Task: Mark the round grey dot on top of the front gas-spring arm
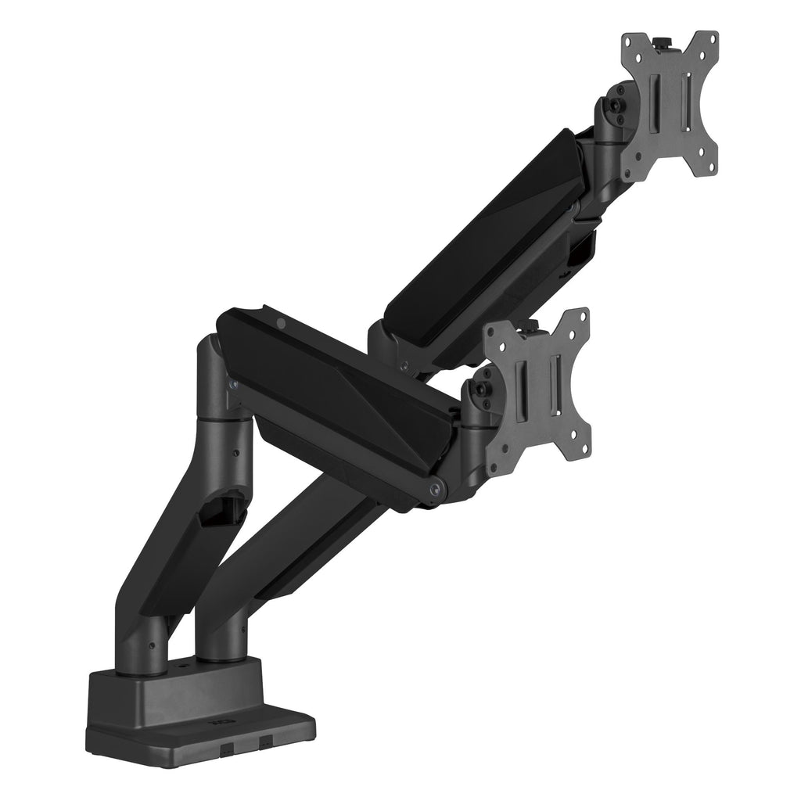(282, 321)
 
